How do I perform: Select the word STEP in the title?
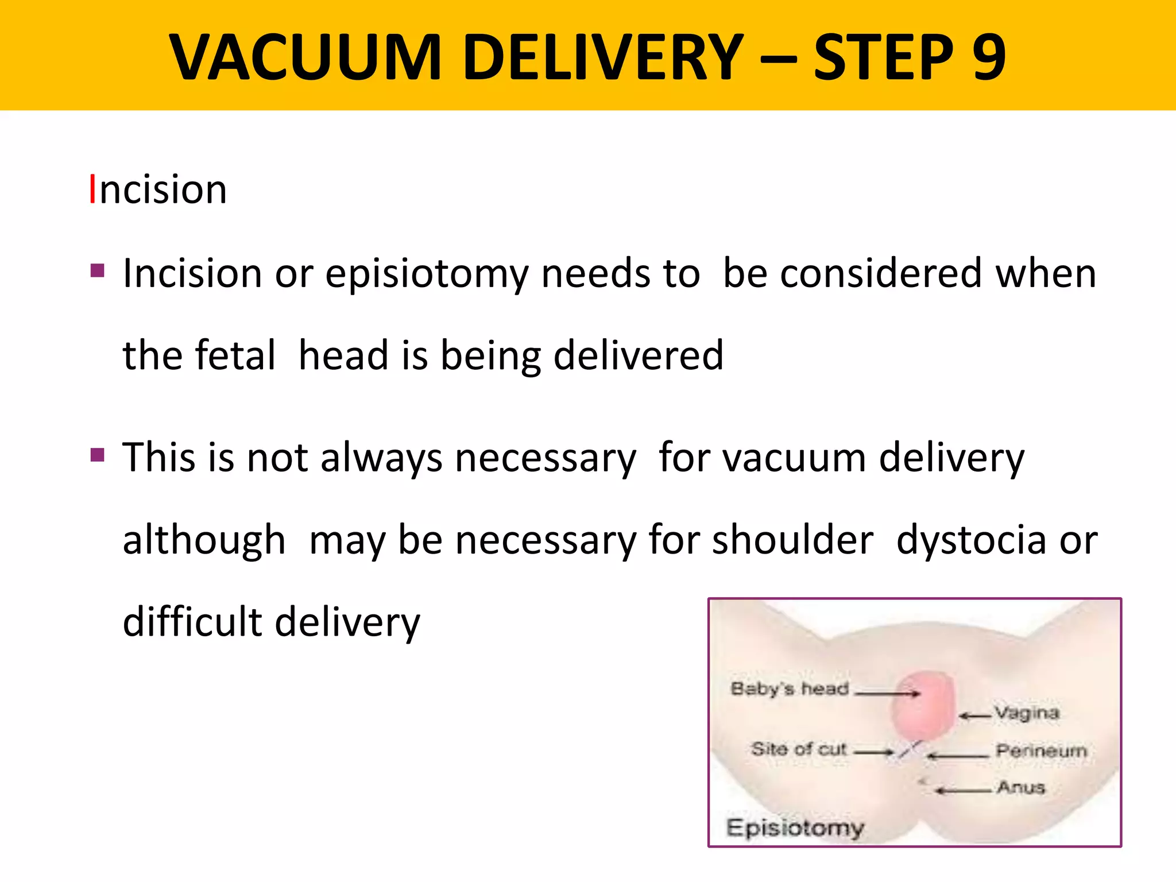(884, 57)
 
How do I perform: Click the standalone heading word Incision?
(158, 189)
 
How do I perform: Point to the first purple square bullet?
(98, 270)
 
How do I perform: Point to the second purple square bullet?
(98, 455)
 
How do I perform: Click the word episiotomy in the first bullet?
(426, 273)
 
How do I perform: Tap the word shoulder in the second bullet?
(792, 540)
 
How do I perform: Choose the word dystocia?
(971, 540)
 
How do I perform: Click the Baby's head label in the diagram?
(790, 688)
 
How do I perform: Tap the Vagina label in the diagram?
(1027, 713)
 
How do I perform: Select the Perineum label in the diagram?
(1041, 750)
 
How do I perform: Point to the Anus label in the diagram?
(1021, 787)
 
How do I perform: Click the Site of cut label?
(799, 749)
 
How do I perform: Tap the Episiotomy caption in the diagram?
(795, 827)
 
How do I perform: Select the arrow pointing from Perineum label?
(958, 756)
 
